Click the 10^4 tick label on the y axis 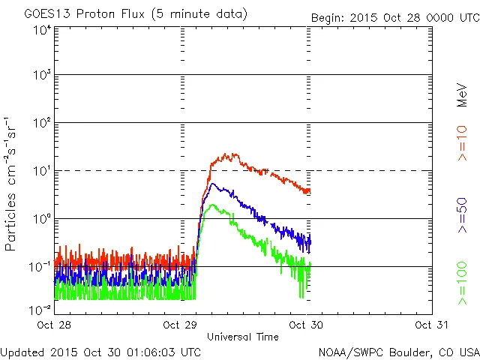pyautogui.click(x=41, y=30)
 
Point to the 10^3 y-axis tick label pyautogui.click(x=41, y=76)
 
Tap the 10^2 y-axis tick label pyautogui.click(x=41, y=123)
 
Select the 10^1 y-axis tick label pyautogui.click(x=41, y=171)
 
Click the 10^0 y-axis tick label pyautogui.click(x=41, y=219)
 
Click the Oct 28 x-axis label pyautogui.click(x=55, y=325)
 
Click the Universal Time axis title pyautogui.click(x=243, y=337)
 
